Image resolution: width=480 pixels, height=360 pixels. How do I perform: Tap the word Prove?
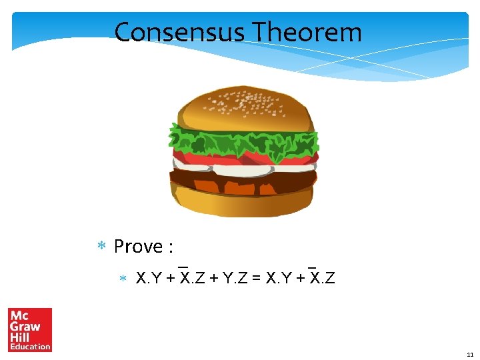point(139,247)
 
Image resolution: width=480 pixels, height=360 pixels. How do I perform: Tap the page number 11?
point(470,355)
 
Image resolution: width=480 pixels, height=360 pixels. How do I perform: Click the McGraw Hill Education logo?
point(30,329)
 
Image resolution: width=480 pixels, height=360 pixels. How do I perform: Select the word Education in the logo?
point(30,346)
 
